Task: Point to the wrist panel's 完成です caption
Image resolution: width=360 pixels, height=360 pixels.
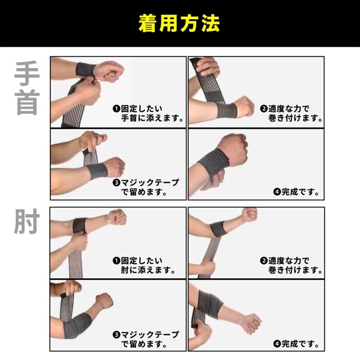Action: (297, 192)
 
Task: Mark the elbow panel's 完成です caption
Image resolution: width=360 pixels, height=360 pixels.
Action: (297, 344)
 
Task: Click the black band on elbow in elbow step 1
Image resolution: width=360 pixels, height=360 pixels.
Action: (80, 225)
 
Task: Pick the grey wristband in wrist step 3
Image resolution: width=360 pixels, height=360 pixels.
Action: (96, 171)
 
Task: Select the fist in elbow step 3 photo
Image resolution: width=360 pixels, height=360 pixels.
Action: (104, 300)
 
